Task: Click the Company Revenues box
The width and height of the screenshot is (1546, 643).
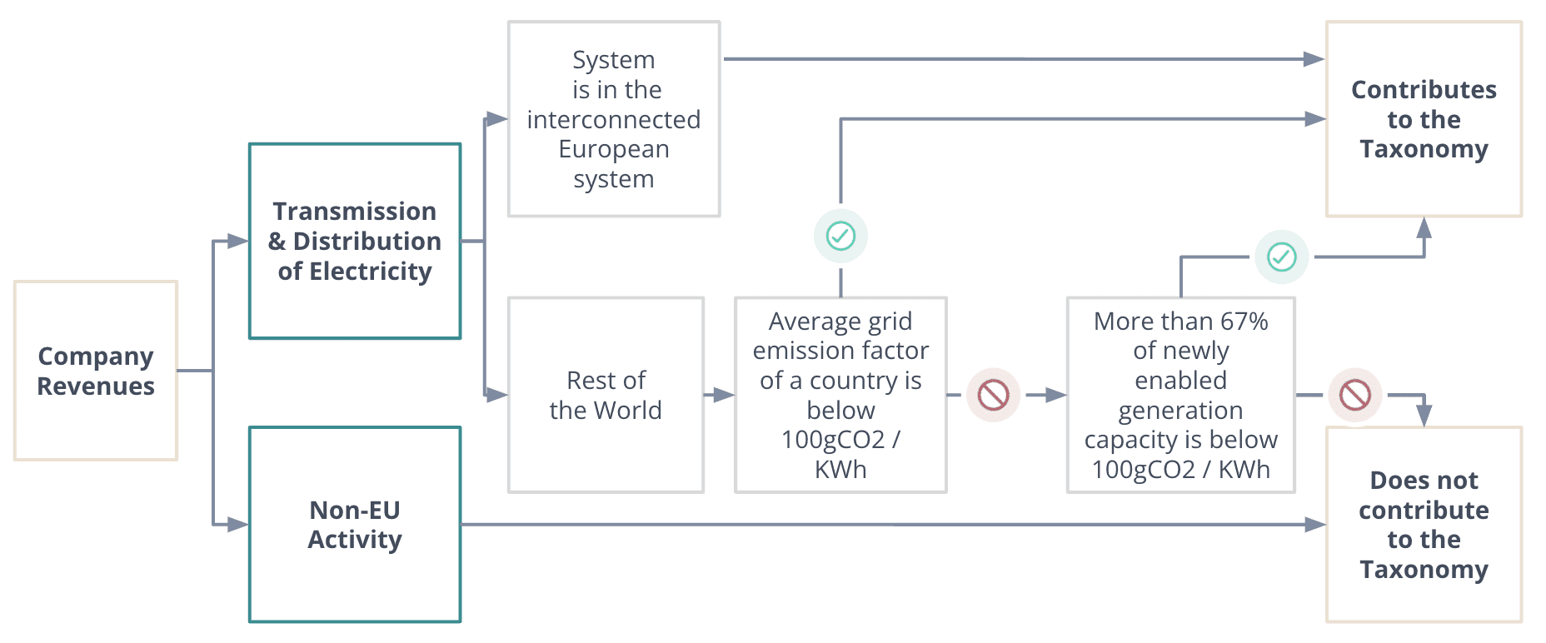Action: [96, 371]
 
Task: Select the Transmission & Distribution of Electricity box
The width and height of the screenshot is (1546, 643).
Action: [355, 241]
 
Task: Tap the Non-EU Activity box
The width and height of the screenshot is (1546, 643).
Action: [355, 525]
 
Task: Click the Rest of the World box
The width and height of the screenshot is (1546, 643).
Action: [606, 395]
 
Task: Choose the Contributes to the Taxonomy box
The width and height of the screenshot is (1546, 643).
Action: [1424, 119]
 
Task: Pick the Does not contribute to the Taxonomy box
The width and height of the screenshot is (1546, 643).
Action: [1424, 525]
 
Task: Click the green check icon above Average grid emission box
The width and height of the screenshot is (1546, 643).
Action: [840, 237]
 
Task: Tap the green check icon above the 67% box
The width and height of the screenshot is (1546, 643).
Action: [1281, 257]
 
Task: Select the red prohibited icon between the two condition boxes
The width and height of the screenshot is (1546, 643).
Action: [993, 395]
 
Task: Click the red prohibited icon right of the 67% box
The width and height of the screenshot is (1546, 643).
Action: [1354, 395]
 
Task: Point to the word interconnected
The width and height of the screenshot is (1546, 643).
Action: [614, 120]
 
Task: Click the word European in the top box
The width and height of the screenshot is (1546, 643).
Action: [614, 149]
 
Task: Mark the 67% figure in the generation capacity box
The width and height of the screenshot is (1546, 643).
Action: [1244, 321]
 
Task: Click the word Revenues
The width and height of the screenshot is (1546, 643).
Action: [96, 386]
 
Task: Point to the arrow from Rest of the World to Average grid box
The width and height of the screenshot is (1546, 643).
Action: [721, 395]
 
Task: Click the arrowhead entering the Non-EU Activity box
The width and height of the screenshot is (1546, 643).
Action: [238, 525]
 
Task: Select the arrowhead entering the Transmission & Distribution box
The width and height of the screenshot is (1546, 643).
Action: [238, 242]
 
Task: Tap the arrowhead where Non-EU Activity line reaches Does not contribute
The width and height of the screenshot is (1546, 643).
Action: [1315, 525]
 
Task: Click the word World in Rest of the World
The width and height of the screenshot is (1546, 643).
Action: [628, 411]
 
